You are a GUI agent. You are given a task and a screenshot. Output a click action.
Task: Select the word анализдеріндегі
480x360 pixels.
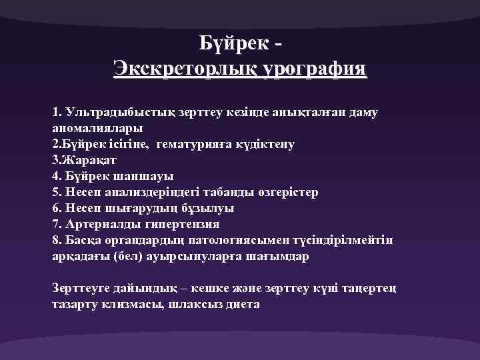pyautogui.click(x=153, y=192)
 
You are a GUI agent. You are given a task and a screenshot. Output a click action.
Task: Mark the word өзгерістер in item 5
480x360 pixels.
pyautogui.click(x=286, y=192)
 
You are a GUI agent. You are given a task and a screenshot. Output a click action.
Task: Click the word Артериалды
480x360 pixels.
pyautogui.click(x=100, y=224)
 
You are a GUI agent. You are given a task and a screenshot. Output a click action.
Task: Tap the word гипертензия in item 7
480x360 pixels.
pyautogui.click(x=180, y=224)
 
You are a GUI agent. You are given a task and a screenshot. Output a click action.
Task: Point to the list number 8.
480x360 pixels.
pyautogui.click(x=55, y=240)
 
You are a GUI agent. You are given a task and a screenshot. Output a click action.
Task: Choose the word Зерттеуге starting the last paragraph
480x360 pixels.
pyautogui.click(x=85, y=288)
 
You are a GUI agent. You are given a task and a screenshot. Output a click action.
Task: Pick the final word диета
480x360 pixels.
pyautogui.click(x=239, y=304)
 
